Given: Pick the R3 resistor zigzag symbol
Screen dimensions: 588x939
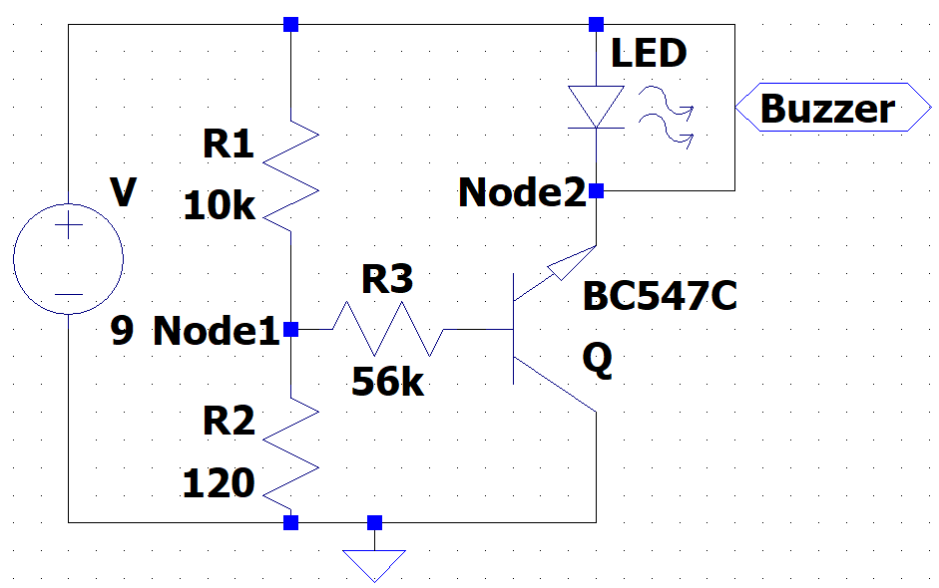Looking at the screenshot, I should (x=388, y=329).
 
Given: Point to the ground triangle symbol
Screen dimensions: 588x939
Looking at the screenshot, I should (x=374, y=565).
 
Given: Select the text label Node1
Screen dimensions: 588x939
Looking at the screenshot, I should (x=216, y=331).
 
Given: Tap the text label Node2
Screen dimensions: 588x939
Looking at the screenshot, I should (x=521, y=192).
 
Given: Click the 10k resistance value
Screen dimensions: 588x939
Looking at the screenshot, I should (x=220, y=206).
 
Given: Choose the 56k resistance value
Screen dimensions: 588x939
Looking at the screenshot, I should (x=387, y=381).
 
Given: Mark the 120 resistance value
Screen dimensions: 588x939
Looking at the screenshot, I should (x=219, y=483).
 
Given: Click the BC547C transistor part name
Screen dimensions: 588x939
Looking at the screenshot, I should (x=661, y=296).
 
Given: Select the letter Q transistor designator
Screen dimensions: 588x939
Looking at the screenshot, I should (x=598, y=363).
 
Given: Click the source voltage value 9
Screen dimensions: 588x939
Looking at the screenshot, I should (x=121, y=331).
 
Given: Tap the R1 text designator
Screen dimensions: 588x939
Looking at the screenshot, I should (x=229, y=146).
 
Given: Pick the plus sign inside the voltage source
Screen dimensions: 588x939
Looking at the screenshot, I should (x=68, y=226).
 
